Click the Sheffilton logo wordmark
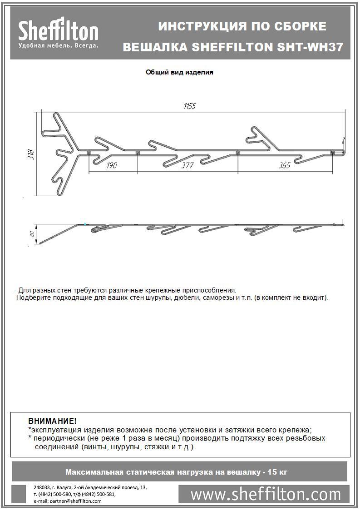coord(58,32)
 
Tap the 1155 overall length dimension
coord(190,106)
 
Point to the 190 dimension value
coord(112,165)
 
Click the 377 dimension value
coord(187,165)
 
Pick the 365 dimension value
coord(284,165)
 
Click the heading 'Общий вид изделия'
coord(179,72)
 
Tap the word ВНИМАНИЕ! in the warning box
coord(53,421)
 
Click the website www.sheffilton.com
coord(266,494)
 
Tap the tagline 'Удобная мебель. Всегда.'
coord(58,46)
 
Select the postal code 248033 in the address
coord(43,487)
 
